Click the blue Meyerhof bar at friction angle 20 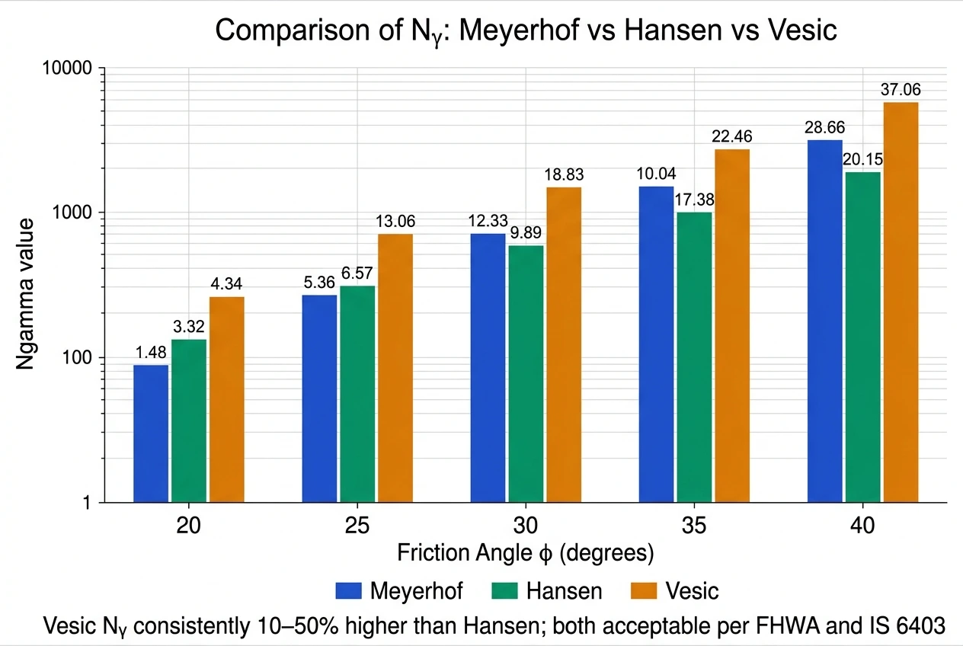click(x=151, y=433)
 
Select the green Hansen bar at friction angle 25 click(x=357, y=394)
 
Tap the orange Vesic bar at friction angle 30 click(x=564, y=344)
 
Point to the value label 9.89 click(x=526, y=233)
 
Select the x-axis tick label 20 click(x=188, y=526)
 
